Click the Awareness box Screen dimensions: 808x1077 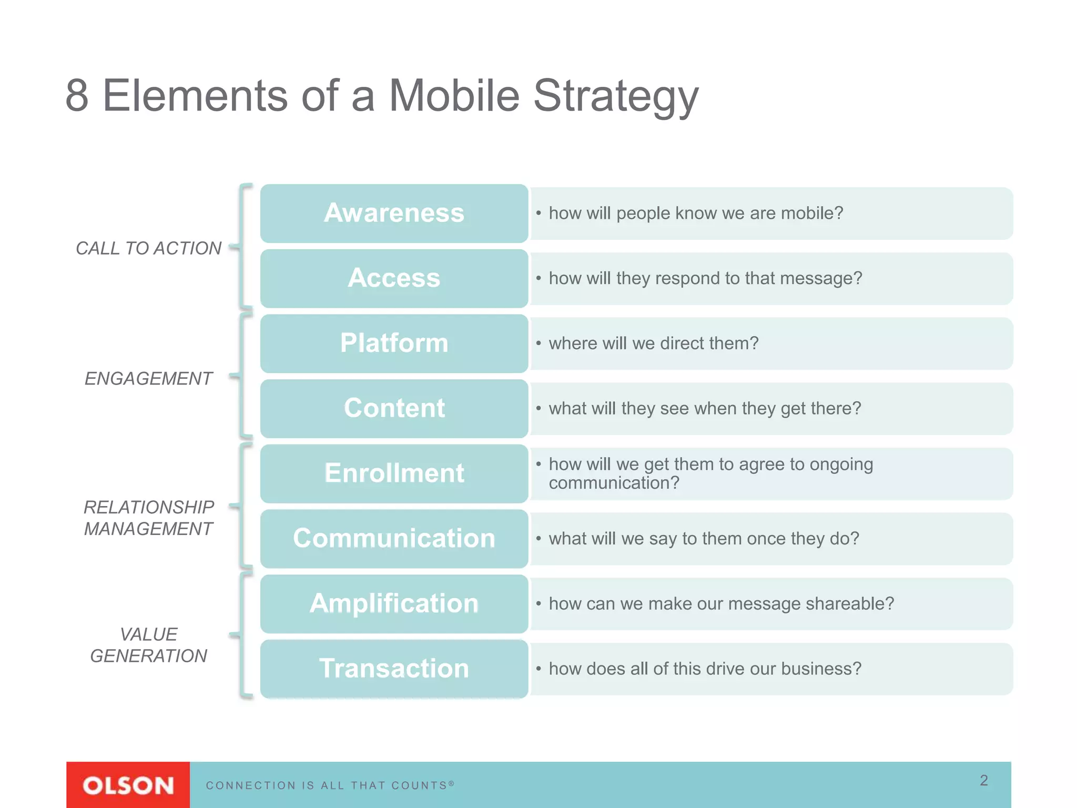[x=394, y=213]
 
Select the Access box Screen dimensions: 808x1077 [x=394, y=278]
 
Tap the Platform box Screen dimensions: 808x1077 [x=394, y=344]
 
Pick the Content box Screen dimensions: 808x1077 [x=394, y=408]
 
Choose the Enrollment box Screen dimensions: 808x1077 [x=394, y=473]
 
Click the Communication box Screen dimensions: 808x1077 [x=394, y=539]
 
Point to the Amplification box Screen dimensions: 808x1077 [x=394, y=603]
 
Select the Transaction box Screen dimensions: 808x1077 [x=394, y=669]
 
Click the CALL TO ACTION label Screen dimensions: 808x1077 [x=148, y=248]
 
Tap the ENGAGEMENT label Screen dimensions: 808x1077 [x=148, y=379]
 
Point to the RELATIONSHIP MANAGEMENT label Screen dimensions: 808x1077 [x=148, y=518]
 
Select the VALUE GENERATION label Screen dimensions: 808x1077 [x=148, y=645]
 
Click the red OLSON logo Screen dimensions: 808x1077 [x=128, y=785]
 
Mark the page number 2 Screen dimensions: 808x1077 [x=983, y=780]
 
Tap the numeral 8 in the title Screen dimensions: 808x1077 [x=77, y=96]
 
